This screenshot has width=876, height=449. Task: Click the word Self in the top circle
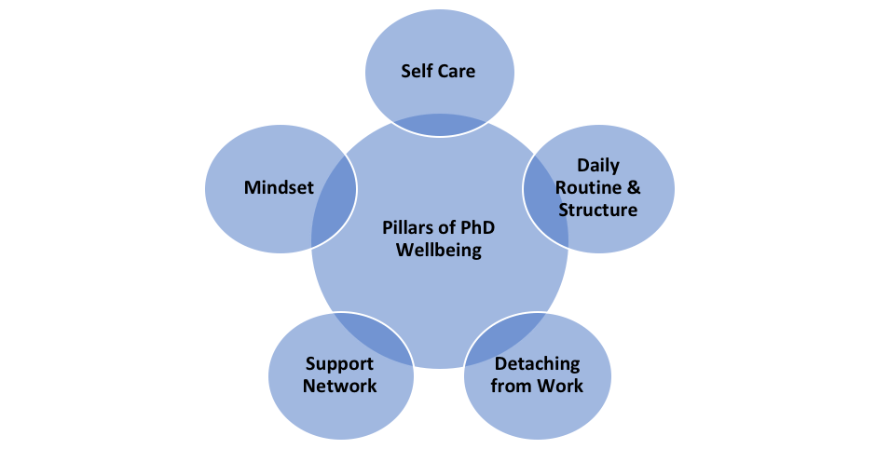click(x=417, y=71)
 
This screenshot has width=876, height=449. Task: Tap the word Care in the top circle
click(x=456, y=71)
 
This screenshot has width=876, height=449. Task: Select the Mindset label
click(x=279, y=187)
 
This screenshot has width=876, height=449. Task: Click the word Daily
click(x=597, y=165)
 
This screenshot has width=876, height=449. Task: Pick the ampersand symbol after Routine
click(x=634, y=187)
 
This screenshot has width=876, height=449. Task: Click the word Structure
click(x=597, y=210)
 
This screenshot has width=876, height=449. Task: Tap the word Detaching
click(x=537, y=363)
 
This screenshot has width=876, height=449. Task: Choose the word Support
click(x=339, y=363)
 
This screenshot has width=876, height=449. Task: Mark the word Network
click(x=339, y=385)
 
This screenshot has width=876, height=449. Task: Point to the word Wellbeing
click(x=438, y=251)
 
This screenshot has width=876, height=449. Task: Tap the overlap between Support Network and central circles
click(x=366, y=336)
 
